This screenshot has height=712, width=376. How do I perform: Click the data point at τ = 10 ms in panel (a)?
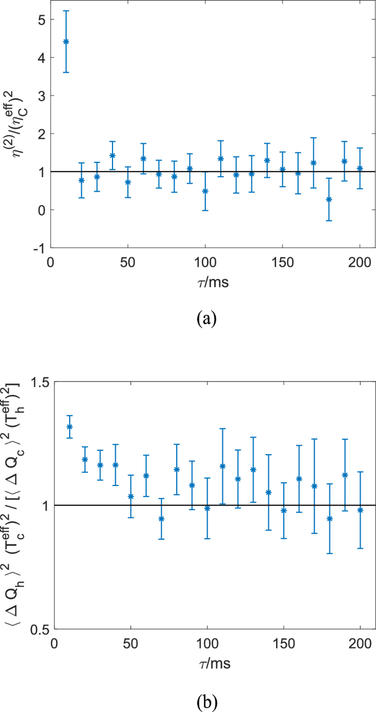[x=66, y=42]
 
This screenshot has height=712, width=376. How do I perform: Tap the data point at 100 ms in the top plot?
[x=205, y=191]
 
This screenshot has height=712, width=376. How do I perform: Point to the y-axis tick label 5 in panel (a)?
[x=42, y=20]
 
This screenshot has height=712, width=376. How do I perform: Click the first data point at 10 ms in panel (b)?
[x=70, y=427]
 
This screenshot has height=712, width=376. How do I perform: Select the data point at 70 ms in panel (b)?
[x=161, y=519]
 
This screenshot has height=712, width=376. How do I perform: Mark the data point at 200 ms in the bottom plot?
[x=360, y=510]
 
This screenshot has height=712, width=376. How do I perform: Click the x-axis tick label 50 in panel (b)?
[x=131, y=642]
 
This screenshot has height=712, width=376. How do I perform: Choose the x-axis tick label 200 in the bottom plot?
[x=360, y=642]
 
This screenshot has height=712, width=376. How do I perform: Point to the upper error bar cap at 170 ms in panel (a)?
[x=313, y=138]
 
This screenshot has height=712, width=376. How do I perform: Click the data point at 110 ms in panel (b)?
[x=222, y=466]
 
